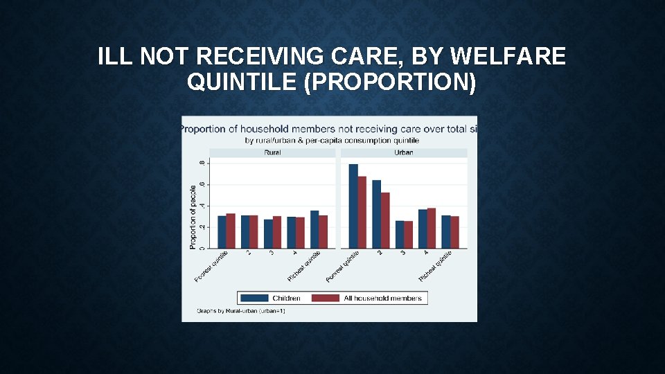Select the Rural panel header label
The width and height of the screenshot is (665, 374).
click(x=272, y=152)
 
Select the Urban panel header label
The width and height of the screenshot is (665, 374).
click(x=403, y=152)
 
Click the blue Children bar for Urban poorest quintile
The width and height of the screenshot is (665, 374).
click(x=353, y=206)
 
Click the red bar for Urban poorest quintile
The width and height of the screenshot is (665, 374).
click(x=362, y=212)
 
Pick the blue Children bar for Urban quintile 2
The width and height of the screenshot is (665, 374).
click(x=377, y=214)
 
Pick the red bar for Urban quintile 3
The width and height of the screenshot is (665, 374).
click(x=408, y=235)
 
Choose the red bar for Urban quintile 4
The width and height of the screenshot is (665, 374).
click(x=432, y=228)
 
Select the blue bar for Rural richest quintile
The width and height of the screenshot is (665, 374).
click(x=314, y=229)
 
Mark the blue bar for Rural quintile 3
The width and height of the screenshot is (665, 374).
click(x=268, y=233)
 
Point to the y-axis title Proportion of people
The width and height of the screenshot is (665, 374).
click(x=193, y=217)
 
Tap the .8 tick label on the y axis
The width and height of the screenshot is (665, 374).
click(x=202, y=163)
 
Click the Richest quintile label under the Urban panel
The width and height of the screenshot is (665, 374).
click(x=435, y=266)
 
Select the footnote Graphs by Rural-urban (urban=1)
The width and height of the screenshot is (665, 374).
click(x=240, y=311)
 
